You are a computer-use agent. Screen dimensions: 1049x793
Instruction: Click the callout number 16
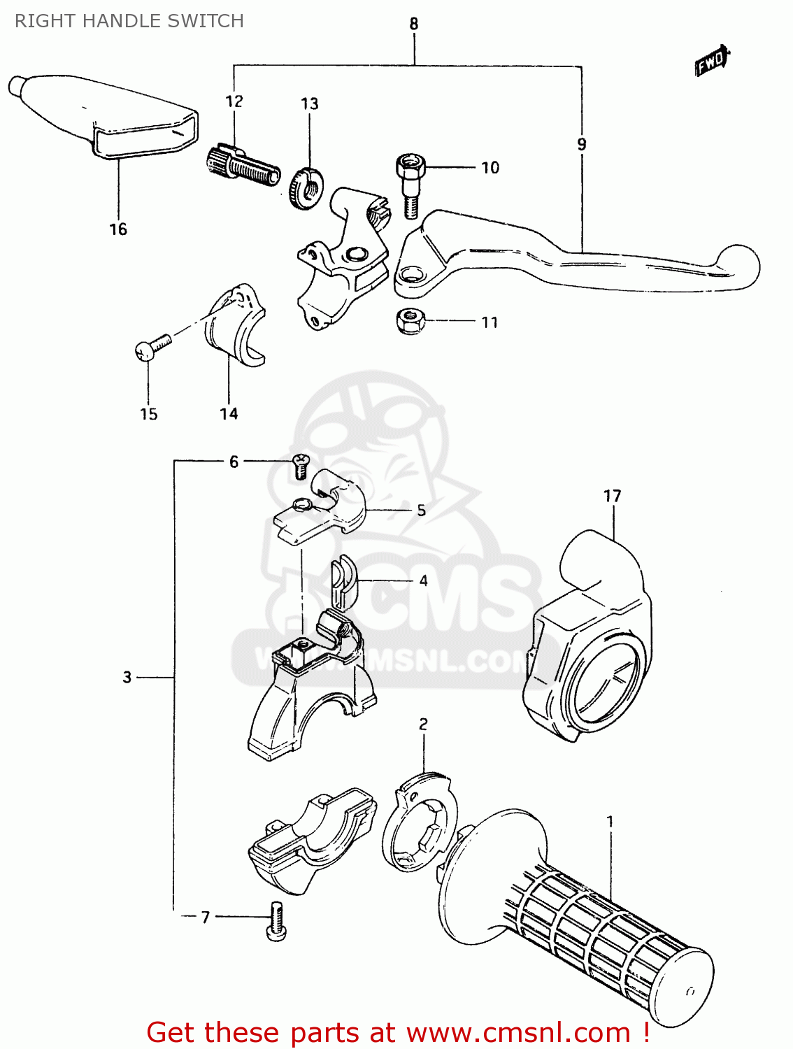[118, 229]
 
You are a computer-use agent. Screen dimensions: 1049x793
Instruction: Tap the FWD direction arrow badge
[711, 62]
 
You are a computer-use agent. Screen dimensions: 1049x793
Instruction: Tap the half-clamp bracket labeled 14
[236, 324]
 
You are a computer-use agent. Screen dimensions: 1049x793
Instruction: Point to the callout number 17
[612, 497]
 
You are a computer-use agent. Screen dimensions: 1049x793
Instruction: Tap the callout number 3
[127, 677]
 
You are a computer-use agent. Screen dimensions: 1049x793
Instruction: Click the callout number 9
[582, 145]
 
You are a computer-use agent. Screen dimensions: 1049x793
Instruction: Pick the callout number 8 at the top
[414, 24]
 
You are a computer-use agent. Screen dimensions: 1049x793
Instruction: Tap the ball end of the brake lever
[741, 265]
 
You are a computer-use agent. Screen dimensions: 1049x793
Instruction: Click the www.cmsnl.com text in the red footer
[518, 1032]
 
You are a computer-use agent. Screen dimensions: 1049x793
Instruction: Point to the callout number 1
[610, 821]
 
